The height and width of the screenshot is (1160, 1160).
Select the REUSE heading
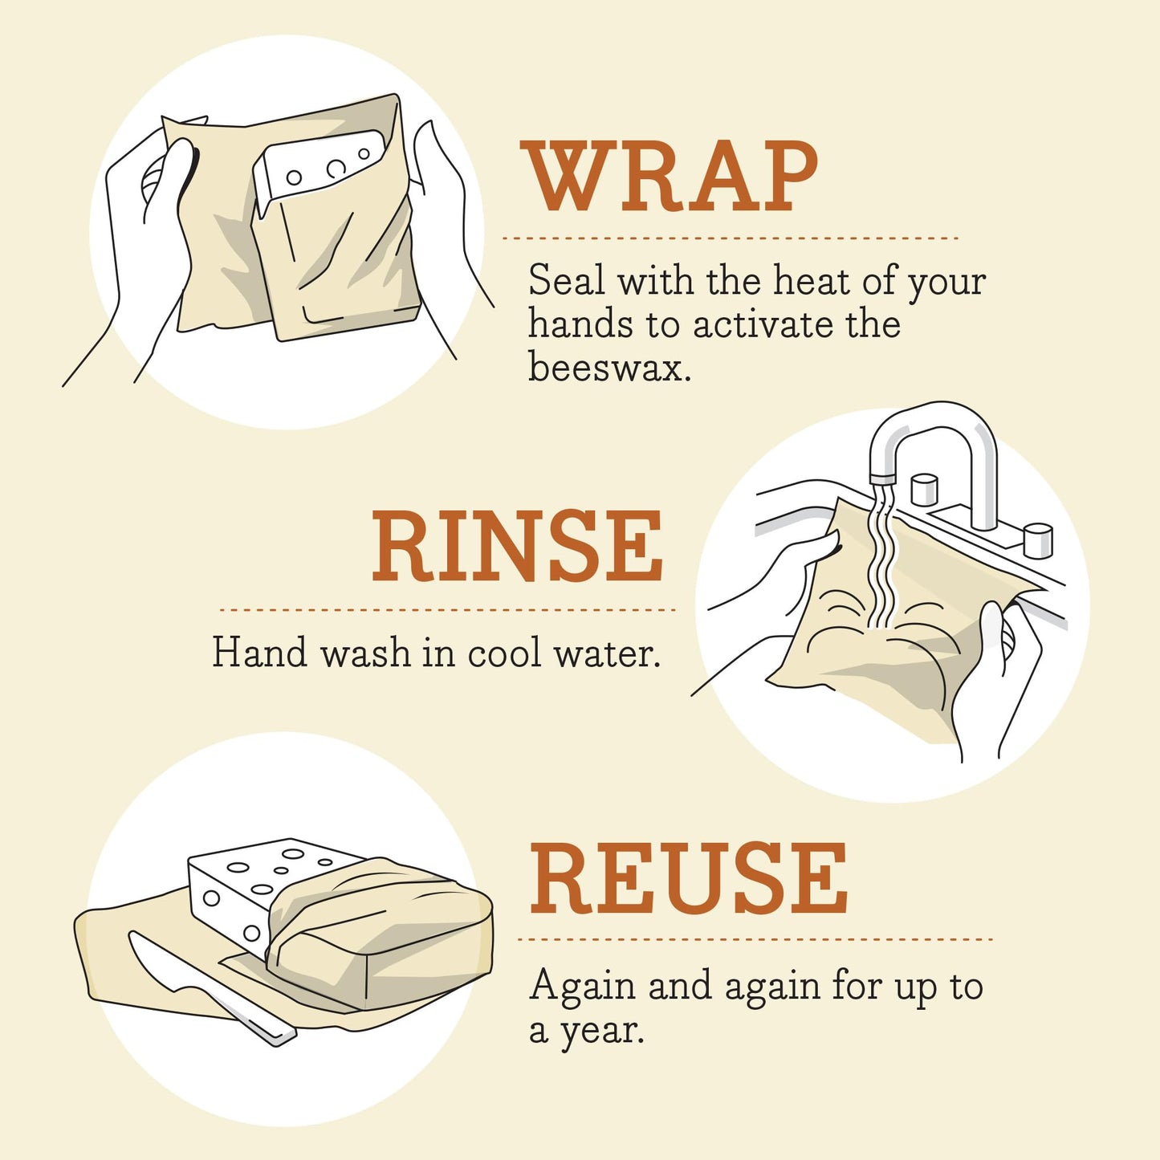tap(688, 879)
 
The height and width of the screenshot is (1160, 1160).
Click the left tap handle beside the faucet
tap(924, 489)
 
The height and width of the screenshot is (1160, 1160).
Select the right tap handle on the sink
tap(1037, 539)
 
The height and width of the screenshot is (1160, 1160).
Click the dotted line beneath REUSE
tap(755, 938)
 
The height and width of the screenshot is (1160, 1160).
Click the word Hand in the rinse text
tap(259, 653)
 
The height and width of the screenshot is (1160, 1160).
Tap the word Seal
tap(566, 281)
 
